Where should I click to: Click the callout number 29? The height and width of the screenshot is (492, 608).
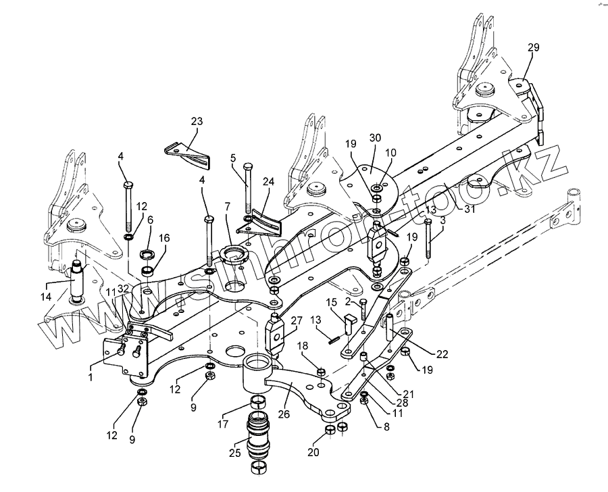click(x=533, y=47)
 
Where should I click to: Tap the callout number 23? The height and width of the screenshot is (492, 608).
click(x=196, y=122)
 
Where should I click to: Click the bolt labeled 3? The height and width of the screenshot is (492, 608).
click(x=428, y=237)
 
